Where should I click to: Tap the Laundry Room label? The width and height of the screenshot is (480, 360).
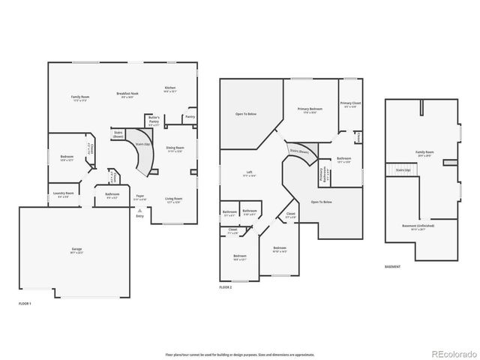(x=64, y=194)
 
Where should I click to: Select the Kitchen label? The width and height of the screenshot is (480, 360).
(x=170, y=89)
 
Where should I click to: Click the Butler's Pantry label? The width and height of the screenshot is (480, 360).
(x=154, y=120)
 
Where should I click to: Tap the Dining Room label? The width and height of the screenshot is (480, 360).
(x=174, y=150)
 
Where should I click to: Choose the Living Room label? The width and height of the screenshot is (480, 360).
(x=174, y=201)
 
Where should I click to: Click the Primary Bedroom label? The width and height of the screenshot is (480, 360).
(x=306, y=110)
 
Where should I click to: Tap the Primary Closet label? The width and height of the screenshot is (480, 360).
(x=350, y=104)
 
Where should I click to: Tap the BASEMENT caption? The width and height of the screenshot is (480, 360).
(x=392, y=266)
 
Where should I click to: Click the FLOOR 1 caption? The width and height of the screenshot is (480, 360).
(x=25, y=303)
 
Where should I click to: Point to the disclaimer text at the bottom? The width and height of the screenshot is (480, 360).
(x=239, y=354)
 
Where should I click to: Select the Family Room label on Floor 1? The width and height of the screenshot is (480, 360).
(x=81, y=98)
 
